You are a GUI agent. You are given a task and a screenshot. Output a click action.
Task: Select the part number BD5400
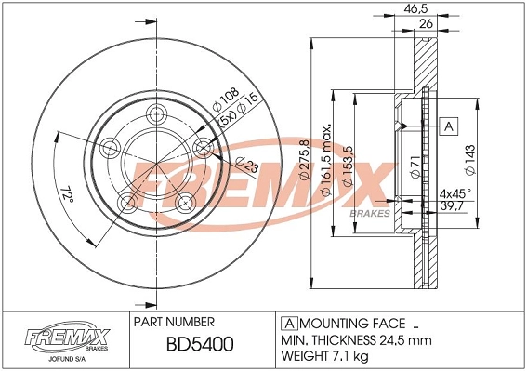199,345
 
